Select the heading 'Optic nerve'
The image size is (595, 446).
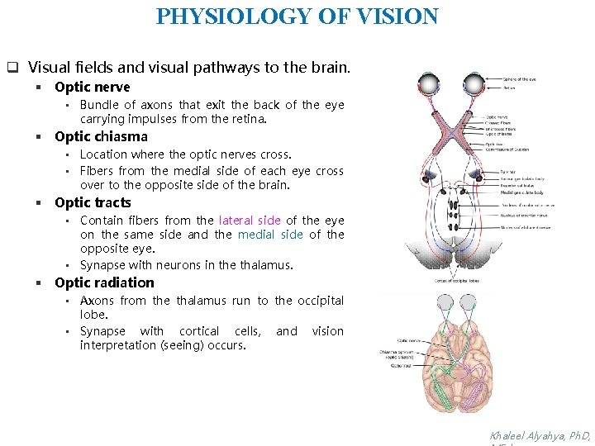click(92, 87)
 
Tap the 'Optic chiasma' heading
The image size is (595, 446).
click(101, 136)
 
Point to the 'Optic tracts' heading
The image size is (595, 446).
click(93, 202)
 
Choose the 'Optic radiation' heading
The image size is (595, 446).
click(104, 282)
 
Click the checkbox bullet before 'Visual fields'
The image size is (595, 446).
click(12, 66)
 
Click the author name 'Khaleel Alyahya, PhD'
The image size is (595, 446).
click(540, 435)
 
